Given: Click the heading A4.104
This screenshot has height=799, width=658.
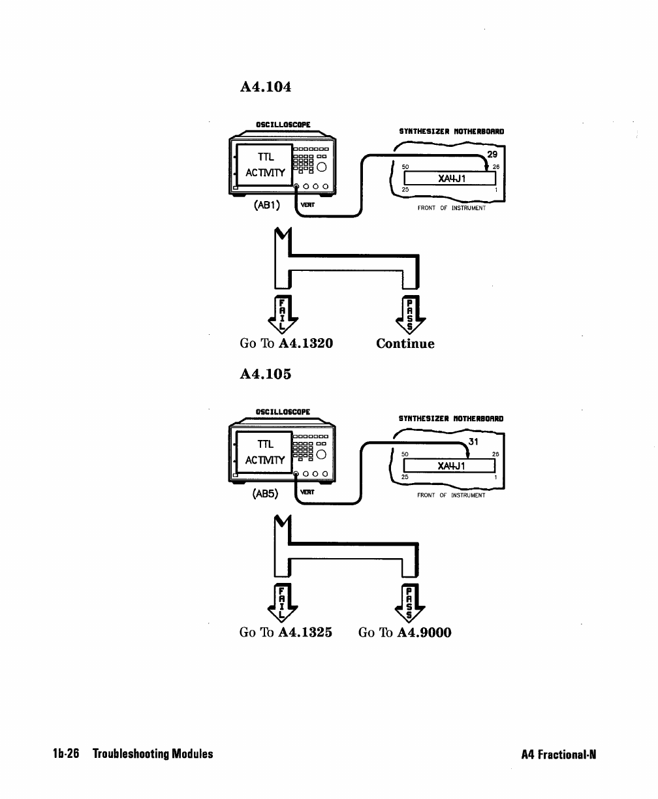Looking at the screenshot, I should tap(266, 86).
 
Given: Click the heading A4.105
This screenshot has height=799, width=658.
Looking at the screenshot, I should tap(266, 374).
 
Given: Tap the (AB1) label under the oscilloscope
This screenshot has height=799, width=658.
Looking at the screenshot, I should tap(266, 205).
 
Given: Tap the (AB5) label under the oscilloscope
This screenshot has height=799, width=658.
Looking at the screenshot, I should tap(266, 493).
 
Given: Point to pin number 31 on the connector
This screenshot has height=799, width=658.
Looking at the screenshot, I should tap(474, 442).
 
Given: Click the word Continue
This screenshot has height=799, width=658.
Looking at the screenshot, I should tap(405, 344).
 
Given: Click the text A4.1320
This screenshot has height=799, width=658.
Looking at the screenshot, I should tap(305, 344).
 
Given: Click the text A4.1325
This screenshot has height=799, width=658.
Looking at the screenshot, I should tap(305, 633).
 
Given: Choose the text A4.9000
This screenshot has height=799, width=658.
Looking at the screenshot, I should tap(424, 633).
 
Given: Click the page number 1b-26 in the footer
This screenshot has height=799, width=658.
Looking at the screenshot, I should tap(65, 754).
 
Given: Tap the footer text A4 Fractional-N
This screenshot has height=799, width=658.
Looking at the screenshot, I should tap(559, 755).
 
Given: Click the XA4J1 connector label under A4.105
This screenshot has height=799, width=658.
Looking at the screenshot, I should tap(450, 465).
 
